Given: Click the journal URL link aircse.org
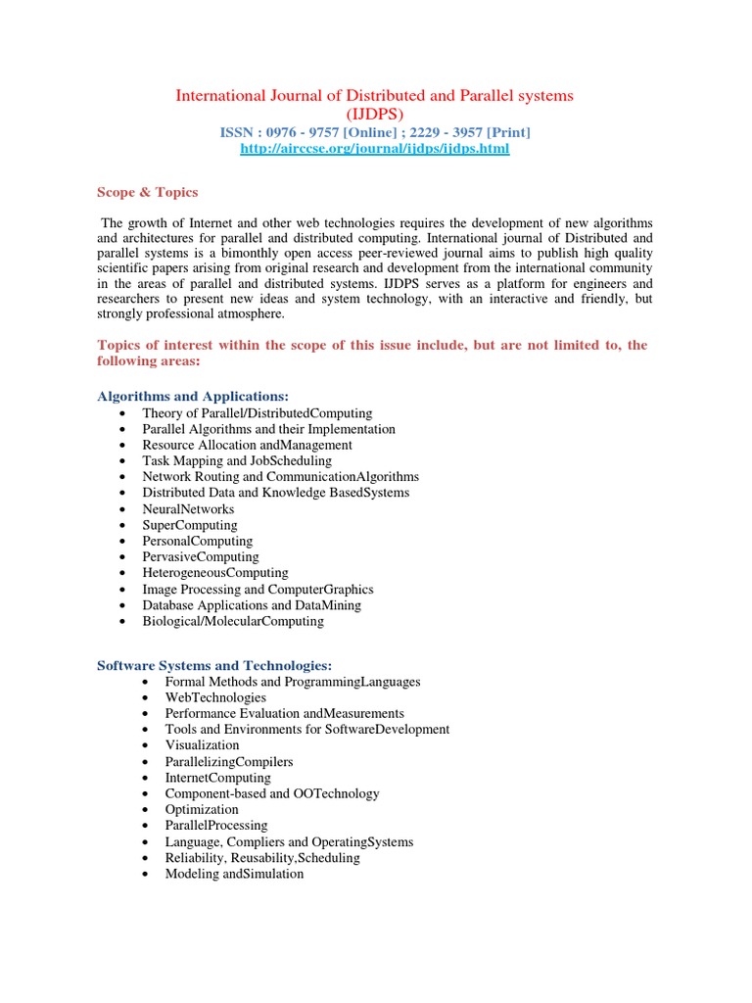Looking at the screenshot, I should tap(375, 149).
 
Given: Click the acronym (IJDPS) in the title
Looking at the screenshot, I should tap(374, 114).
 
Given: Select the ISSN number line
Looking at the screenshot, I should tap(375, 131).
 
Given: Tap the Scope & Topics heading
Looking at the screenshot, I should tap(147, 192).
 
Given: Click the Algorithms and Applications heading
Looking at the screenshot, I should tap(193, 396).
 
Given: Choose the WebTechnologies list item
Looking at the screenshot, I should tap(215, 697).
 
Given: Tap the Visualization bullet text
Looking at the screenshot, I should tap(202, 745).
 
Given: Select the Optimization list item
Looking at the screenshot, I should tap(202, 809).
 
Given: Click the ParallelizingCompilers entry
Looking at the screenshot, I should tap(229, 761).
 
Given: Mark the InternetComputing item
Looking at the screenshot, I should tap(217, 778).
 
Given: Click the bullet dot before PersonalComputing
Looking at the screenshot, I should tap(120, 542).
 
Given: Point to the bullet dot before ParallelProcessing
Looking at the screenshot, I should tap(144, 826).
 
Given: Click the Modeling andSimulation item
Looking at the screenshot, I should tap(234, 874).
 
